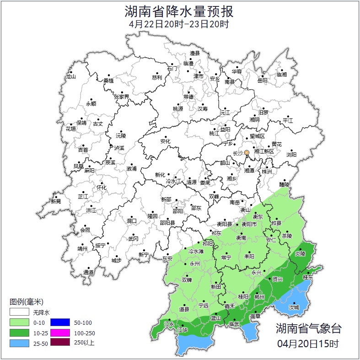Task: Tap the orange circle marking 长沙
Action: tap(247, 152)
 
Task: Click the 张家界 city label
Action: tap(121, 97)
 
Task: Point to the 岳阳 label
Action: tap(262, 81)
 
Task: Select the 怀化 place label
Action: tap(101, 188)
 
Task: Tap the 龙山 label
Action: tap(70, 77)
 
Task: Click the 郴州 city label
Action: tap(259, 297)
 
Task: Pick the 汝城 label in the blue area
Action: tap(294, 307)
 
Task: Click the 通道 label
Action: tap(88, 273)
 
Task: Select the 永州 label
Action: tap(195, 264)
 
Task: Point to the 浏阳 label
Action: tap(291, 155)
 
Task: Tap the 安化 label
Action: tap(165, 141)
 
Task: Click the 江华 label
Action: tap(183, 330)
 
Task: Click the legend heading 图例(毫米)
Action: tap(26, 302)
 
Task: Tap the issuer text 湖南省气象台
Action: tap(308, 328)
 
